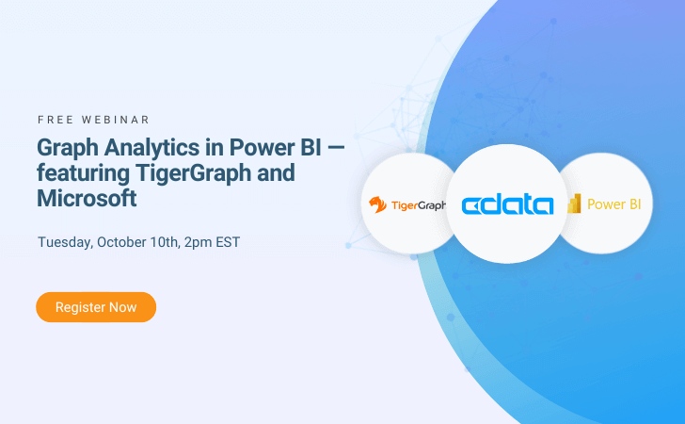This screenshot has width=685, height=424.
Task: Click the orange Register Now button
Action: click(x=96, y=307)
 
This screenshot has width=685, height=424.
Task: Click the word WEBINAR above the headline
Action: click(x=116, y=120)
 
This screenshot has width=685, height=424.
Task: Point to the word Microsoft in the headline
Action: click(x=87, y=198)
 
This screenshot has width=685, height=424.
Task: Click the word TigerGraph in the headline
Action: click(x=193, y=173)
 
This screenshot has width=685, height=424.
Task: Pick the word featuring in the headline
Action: click(x=83, y=173)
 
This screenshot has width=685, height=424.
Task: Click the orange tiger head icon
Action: click(x=377, y=204)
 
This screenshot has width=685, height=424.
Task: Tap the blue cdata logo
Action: click(x=507, y=205)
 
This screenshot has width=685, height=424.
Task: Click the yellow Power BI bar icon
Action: click(x=574, y=204)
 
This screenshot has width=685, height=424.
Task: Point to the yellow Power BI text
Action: click(x=614, y=204)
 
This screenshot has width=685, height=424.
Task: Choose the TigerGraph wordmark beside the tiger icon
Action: click(x=419, y=205)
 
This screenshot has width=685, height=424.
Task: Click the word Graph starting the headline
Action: click(x=68, y=149)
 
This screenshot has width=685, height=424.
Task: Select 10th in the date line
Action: click(x=165, y=242)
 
